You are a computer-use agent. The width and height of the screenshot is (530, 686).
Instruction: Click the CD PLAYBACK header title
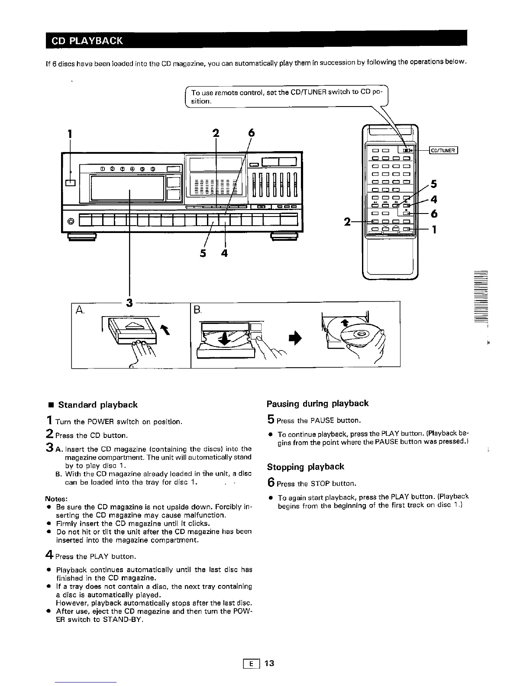(x=87, y=41)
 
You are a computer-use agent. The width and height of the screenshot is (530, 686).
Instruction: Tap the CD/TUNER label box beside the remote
(x=443, y=151)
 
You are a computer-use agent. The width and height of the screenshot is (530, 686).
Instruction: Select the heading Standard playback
(x=97, y=405)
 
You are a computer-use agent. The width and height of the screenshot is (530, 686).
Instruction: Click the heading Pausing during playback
(x=317, y=404)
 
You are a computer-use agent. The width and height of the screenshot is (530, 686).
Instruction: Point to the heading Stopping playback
(x=305, y=467)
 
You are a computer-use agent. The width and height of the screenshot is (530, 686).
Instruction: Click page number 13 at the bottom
(x=269, y=663)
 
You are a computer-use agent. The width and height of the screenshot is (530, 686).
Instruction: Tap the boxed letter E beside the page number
(x=251, y=663)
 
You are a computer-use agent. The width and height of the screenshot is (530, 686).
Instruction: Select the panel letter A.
(x=80, y=310)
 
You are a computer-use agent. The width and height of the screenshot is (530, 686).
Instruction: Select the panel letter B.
(x=197, y=310)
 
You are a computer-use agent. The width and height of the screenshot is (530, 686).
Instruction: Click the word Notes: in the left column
(x=57, y=498)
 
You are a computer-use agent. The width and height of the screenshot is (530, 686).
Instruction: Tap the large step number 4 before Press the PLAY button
(x=49, y=555)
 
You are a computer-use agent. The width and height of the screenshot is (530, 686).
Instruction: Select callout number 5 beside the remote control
(x=434, y=184)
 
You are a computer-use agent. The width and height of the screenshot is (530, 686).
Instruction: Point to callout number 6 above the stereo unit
(x=251, y=134)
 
